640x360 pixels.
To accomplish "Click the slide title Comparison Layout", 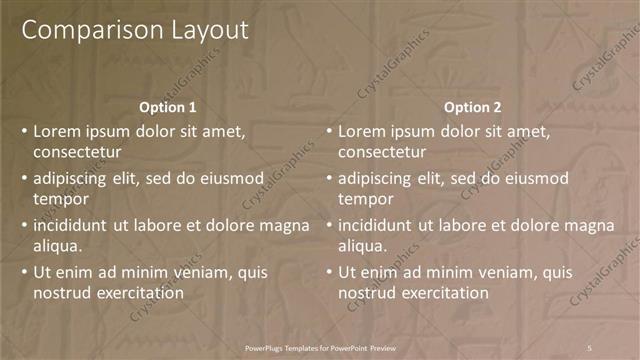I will click(x=135, y=30).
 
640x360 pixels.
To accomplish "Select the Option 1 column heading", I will click(x=168, y=107).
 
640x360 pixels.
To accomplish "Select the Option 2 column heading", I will click(x=473, y=107).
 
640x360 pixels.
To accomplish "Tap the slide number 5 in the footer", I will click(x=590, y=346).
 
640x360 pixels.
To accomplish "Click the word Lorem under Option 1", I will click(x=57, y=131).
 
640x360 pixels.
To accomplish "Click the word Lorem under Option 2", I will click(x=362, y=131).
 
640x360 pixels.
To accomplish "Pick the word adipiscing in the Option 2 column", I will click(x=375, y=178).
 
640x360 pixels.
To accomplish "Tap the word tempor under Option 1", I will click(x=61, y=200).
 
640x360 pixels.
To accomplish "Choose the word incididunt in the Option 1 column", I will click(x=72, y=225).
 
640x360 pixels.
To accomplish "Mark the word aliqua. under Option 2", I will click(x=364, y=246).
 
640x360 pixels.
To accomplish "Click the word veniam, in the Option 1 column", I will click(x=180, y=272).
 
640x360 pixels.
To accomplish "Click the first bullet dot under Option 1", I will click(x=24, y=132).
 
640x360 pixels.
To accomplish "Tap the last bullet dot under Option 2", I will click(x=329, y=272).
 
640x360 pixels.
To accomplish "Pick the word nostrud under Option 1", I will click(x=62, y=293).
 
